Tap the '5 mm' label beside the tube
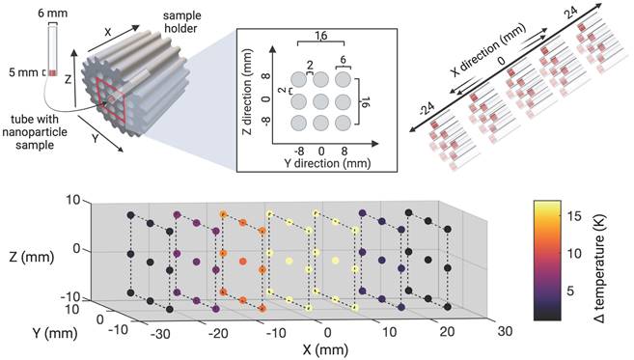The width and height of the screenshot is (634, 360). tap(20, 70)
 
